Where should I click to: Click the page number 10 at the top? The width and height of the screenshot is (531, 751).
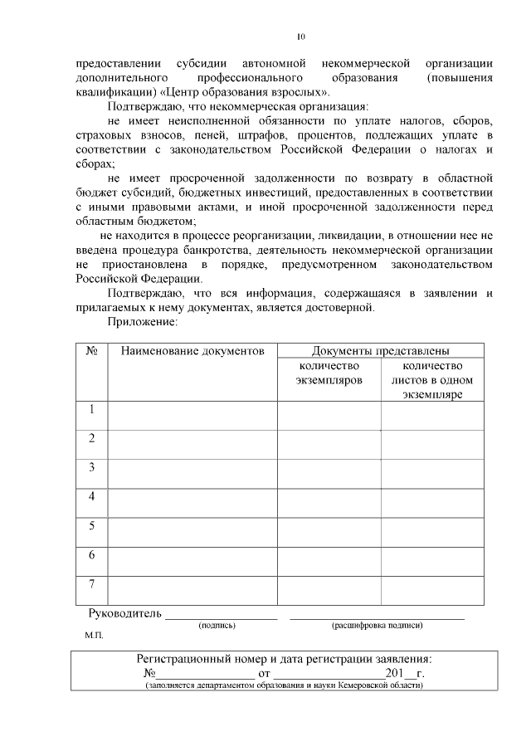tap(301, 37)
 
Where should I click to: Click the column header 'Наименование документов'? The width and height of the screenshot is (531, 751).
tap(192, 351)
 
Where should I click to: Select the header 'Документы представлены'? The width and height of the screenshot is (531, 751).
tap(380, 351)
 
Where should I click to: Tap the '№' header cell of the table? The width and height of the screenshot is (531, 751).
tap(92, 351)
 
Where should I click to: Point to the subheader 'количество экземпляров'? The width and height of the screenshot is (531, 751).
tap(329, 373)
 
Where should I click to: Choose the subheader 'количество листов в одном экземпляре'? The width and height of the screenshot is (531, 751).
tap(432, 380)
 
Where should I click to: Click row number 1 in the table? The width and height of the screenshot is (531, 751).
tap(92, 409)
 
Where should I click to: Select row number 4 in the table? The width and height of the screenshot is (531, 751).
tap(92, 496)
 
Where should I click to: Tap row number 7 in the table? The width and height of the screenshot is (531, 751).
tap(92, 583)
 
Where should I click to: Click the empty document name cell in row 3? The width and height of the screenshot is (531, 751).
tap(192, 474)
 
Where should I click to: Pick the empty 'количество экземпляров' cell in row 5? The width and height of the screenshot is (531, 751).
tap(329, 532)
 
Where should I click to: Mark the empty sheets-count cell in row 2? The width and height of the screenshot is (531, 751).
tap(432, 445)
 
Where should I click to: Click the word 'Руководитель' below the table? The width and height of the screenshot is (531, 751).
tap(123, 614)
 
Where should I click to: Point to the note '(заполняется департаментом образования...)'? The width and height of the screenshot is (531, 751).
tap(285, 686)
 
